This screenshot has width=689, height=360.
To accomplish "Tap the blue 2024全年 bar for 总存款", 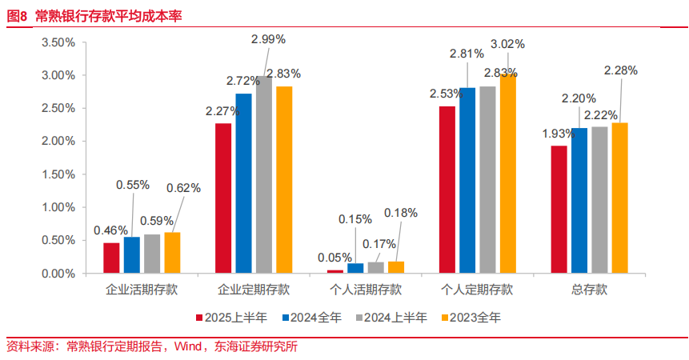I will click(x=579, y=201).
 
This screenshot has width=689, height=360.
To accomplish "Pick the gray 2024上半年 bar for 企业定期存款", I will click(x=264, y=175).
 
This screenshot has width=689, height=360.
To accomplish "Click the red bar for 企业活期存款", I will click(x=111, y=258).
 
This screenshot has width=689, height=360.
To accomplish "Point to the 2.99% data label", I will click(x=268, y=38).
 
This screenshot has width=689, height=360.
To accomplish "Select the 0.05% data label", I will click(x=334, y=257).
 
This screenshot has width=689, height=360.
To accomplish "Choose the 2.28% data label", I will click(x=621, y=70).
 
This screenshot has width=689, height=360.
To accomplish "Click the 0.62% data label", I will click(x=183, y=188).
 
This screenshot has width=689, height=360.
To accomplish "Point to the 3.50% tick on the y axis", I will click(x=58, y=42).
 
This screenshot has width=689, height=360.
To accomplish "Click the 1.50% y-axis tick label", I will click(x=58, y=174).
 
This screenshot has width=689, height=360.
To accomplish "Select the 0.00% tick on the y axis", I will click(x=58, y=274).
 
